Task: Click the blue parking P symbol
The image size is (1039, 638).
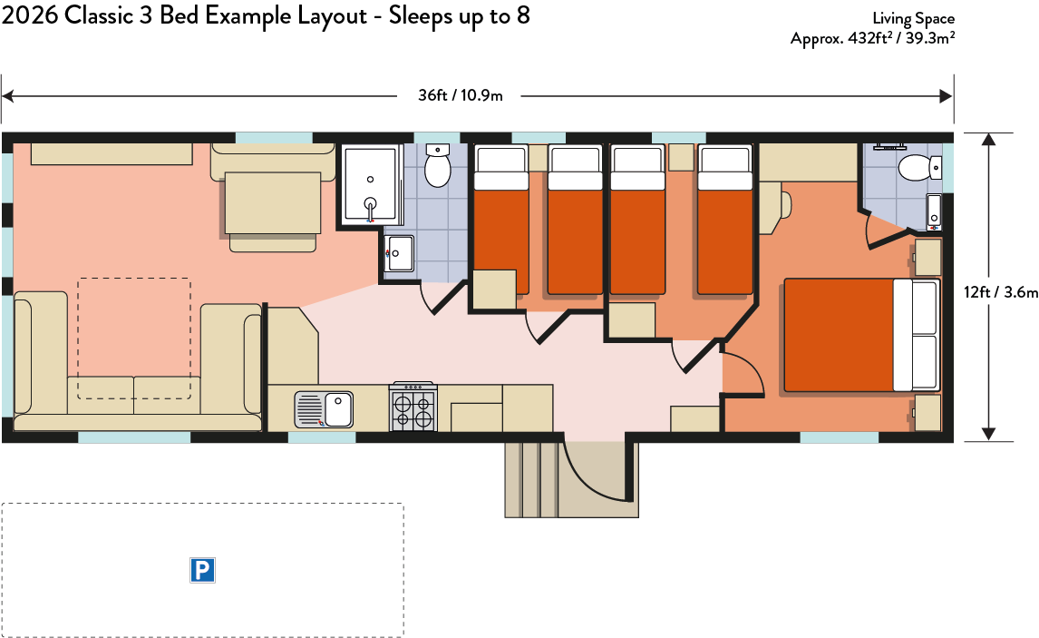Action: [202, 570]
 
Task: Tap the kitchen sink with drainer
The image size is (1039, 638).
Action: [324, 409]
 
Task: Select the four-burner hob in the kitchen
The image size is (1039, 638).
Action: [414, 407]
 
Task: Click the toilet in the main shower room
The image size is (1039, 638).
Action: [437, 165]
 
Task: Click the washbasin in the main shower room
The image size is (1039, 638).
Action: [400, 253]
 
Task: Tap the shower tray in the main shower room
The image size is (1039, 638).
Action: [370, 184]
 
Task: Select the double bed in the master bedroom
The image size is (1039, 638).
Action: [862, 335]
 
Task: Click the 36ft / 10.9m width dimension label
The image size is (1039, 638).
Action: [460, 95]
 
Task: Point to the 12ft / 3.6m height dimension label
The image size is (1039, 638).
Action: [1001, 292]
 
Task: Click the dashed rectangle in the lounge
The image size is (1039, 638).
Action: [134, 339]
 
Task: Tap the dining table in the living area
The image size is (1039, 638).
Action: [273, 203]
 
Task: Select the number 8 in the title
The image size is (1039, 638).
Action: [523, 15]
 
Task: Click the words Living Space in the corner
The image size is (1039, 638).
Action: [913, 18]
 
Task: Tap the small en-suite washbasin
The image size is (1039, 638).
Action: [934, 211]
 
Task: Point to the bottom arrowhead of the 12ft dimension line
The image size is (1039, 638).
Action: [988, 435]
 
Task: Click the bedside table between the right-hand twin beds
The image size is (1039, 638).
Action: [681, 157]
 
